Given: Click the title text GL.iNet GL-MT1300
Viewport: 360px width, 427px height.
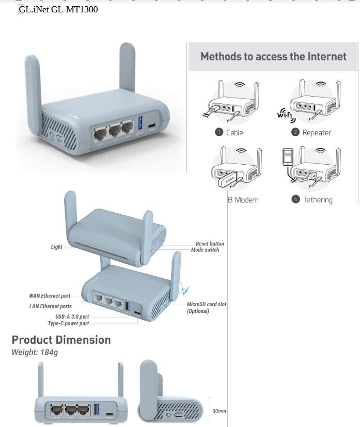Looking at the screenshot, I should pyautogui.click(x=58, y=9).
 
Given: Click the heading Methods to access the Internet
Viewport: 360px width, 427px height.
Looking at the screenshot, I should pyautogui.click(x=273, y=56).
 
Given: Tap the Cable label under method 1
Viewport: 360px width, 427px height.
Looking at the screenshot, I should pyautogui.click(x=234, y=133).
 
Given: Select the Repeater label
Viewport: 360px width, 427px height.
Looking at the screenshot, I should pyautogui.click(x=317, y=133).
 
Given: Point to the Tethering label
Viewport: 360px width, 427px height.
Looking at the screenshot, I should pyautogui.click(x=318, y=200).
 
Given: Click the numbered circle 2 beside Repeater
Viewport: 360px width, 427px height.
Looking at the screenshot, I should pyautogui.click(x=295, y=132).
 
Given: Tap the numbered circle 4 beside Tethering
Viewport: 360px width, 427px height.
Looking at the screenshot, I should pyautogui.click(x=295, y=199).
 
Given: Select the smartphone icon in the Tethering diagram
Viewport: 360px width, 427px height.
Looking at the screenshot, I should pyautogui.click(x=287, y=158).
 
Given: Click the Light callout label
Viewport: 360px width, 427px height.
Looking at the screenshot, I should pyautogui.click(x=57, y=247).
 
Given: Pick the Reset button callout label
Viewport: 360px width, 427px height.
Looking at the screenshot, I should pyautogui.click(x=210, y=244).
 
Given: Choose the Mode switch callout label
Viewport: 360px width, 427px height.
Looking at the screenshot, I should pyautogui.click(x=205, y=250).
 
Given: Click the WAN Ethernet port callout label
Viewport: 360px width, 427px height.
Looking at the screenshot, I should pyautogui.click(x=50, y=296).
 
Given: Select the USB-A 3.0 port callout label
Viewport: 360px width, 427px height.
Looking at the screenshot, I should pyautogui.click(x=72, y=317).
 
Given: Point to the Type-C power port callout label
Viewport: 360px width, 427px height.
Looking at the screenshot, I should pyautogui.click(x=68, y=324).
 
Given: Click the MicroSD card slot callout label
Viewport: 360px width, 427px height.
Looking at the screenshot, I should pyautogui.click(x=206, y=305).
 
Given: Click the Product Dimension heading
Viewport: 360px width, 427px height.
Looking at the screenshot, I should pyautogui.click(x=61, y=340).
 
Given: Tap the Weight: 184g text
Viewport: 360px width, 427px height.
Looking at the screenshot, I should pyautogui.click(x=35, y=352).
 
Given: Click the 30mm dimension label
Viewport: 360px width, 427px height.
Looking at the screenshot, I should pyautogui.click(x=220, y=411).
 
